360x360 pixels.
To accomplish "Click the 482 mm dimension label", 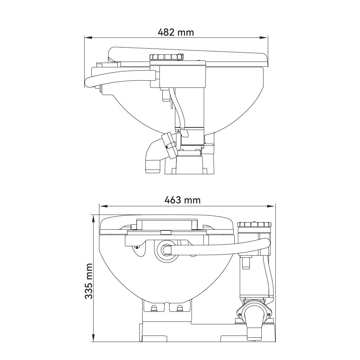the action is coord(176,32).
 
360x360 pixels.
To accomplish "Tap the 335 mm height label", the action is coord(89,281).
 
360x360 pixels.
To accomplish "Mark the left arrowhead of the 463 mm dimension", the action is coord(103,206).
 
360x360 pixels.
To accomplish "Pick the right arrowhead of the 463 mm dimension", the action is coord(271,206).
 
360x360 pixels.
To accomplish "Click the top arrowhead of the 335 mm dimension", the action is coord(93,219).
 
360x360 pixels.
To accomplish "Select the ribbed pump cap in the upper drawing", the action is coord(166,57).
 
